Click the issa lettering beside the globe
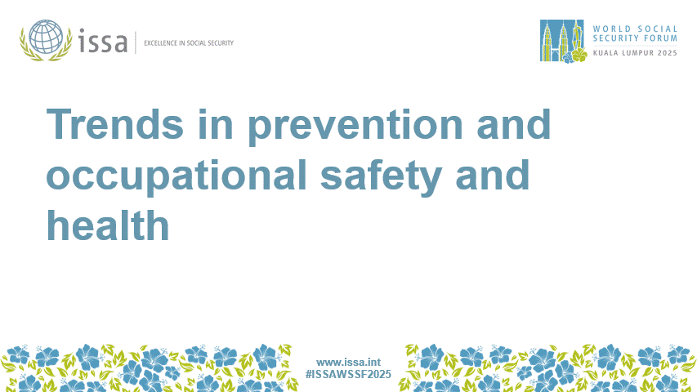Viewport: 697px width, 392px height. pos(104,40)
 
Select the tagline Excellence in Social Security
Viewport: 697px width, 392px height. pos(188,42)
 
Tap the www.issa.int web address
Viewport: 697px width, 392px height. pos(348,362)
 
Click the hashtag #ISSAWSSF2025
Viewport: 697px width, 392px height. pos(349,374)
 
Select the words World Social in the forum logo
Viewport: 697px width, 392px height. pos(635,27)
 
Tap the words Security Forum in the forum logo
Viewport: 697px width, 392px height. pos(635,38)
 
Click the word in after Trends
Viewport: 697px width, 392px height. pos(209,124)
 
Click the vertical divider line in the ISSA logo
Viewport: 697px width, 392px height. pos(136,42)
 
